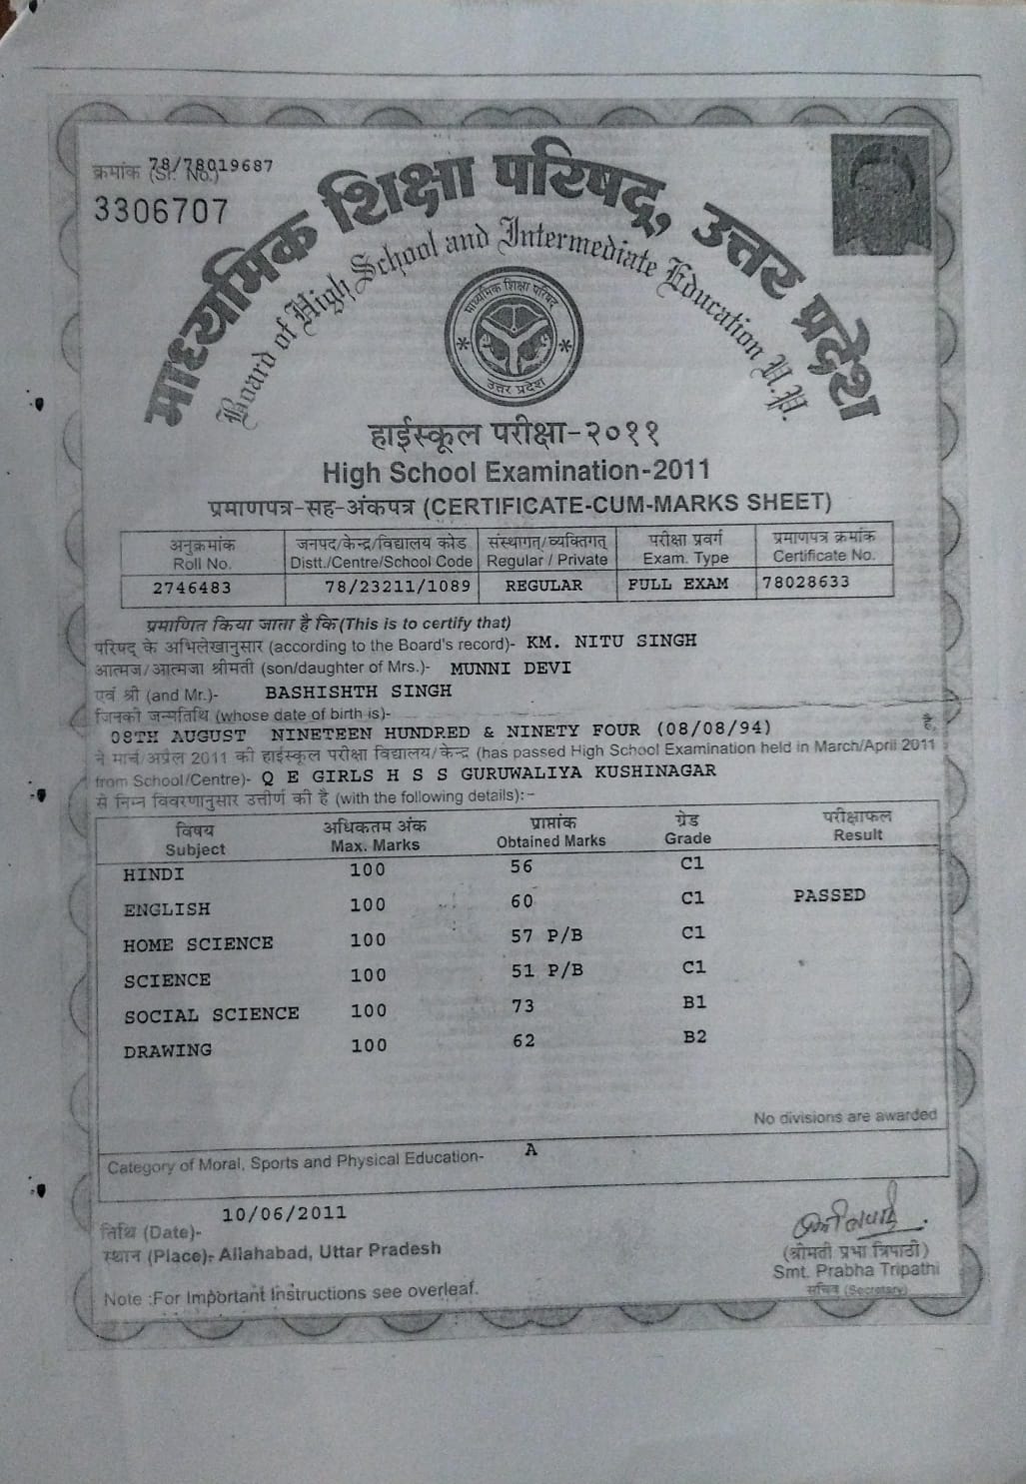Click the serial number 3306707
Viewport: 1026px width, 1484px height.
click(x=161, y=211)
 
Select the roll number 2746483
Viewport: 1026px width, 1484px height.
click(x=192, y=588)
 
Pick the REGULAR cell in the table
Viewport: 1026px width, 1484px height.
click(x=543, y=586)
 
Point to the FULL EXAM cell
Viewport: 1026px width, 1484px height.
click(x=677, y=584)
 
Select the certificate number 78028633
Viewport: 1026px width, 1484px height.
click(x=805, y=582)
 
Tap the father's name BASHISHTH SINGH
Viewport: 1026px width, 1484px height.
click(x=357, y=691)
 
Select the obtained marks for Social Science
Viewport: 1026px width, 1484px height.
click(x=522, y=1006)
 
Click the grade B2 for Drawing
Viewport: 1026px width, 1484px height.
click(x=694, y=1036)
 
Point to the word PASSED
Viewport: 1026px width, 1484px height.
click(x=829, y=895)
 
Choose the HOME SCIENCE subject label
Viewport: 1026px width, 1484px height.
click(x=198, y=944)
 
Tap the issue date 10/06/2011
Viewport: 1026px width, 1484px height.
click(x=285, y=1213)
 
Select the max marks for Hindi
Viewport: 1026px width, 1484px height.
click(x=368, y=869)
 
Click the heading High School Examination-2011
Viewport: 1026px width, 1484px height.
click(x=515, y=470)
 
